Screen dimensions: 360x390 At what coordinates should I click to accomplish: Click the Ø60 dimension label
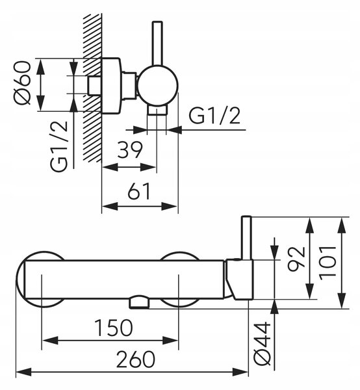pos(23,83)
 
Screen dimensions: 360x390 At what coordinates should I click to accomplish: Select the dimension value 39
pos(130,149)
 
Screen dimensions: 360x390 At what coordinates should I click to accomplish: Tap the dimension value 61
pos(139,191)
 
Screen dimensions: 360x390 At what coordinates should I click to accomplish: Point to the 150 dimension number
pos(114,328)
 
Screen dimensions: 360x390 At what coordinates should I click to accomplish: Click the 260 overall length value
pos(136,359)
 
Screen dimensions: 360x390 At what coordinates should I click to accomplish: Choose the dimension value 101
pos(328,263)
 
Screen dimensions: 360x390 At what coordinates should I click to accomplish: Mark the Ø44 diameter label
pos(263,344)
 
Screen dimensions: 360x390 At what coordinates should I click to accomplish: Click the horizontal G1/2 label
pos(214,116)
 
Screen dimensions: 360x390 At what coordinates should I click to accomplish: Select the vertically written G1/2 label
pos(59,146)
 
